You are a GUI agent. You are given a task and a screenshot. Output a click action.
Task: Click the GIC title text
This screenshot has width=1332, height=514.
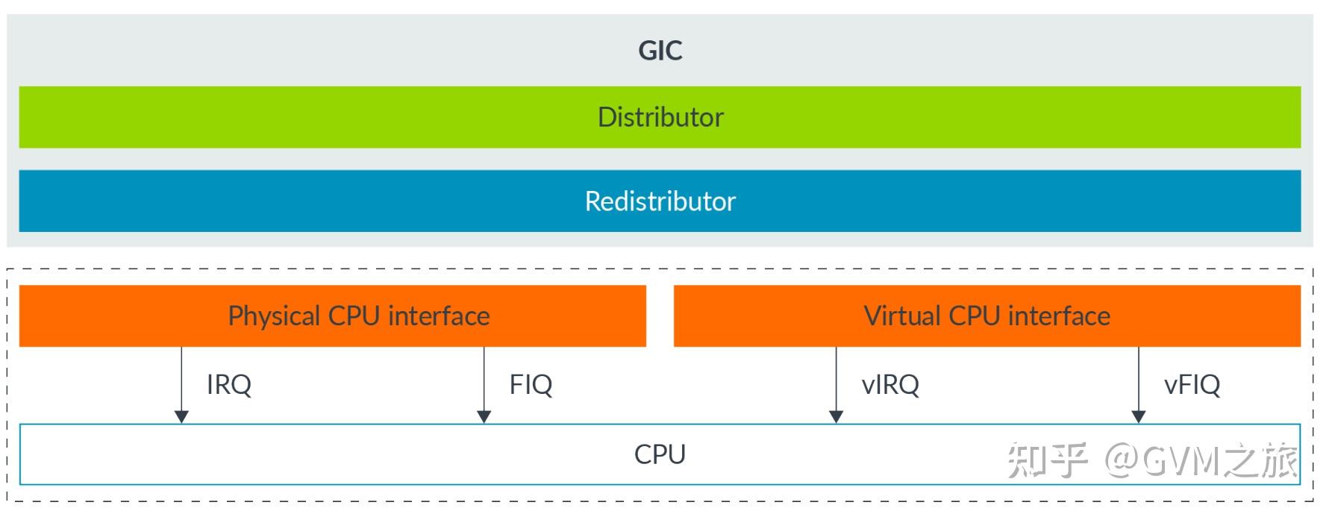pos(660,51)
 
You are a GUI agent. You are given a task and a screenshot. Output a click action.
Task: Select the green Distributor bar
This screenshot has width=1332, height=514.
pos(660,117)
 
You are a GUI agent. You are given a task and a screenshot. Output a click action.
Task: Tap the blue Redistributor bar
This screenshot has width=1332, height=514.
pos(660,201)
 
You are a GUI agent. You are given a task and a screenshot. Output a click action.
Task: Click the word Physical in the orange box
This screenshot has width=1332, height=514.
pos(274,316)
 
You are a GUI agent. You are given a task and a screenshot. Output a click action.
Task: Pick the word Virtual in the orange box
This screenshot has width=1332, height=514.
pos(902,316)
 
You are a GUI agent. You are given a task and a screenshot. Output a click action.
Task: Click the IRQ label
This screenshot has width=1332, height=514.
pos(228,385)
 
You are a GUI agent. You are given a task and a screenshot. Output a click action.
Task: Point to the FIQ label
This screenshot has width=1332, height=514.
pos(531,385)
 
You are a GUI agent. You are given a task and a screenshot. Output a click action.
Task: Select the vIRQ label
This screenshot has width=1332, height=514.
pos(889,385)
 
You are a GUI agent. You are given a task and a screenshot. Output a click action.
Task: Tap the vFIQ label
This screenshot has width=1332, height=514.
pos(1192,385)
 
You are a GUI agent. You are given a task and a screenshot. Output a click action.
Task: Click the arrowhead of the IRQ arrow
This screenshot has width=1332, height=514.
pos(181,416)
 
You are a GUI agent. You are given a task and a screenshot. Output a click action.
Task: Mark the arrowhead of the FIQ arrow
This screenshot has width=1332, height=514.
pos(484,416)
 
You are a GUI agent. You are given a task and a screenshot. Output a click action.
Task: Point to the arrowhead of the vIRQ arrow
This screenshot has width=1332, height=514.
pos(836,416)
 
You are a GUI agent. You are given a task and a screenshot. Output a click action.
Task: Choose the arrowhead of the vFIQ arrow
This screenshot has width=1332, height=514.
pos(1138,416)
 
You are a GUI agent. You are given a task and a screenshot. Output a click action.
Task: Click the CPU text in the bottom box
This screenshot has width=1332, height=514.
pos(660,454)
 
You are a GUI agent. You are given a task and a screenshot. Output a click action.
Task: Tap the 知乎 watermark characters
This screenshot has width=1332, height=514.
pos(1047,460)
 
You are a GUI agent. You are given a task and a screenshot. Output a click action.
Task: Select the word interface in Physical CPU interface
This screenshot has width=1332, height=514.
pos(439,316)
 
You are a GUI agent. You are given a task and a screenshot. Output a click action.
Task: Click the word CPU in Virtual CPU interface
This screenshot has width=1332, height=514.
pos(974,316)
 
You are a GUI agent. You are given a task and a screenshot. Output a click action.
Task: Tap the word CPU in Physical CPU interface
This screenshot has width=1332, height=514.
pos(354,316)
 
